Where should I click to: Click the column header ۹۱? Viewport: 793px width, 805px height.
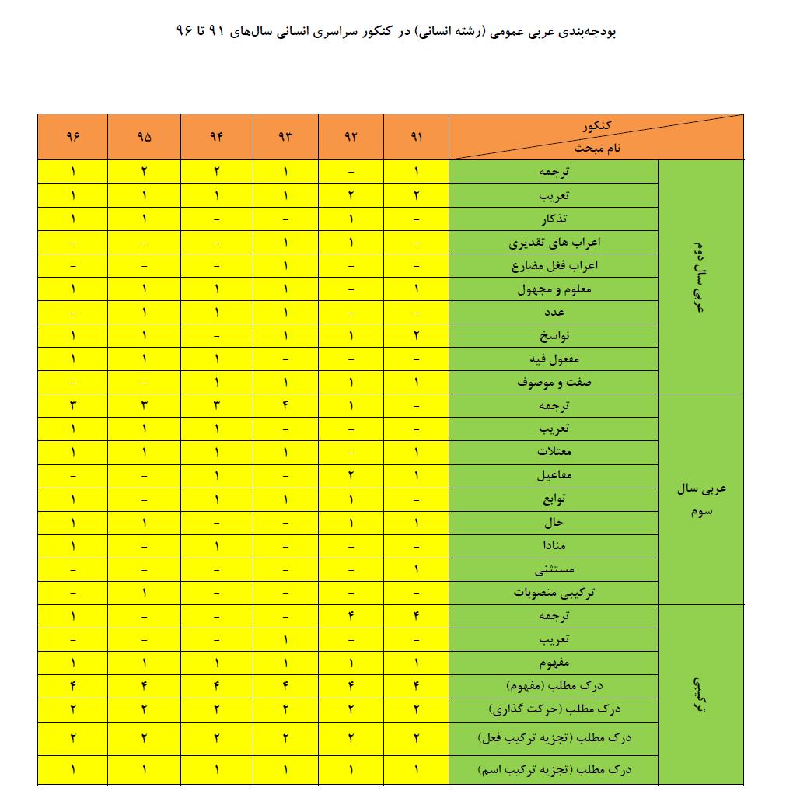point(416,137)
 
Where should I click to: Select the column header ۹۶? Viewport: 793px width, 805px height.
point(73,137)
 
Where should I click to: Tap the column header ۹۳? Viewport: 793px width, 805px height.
point(285,137)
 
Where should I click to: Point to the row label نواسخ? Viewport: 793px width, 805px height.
point(554,336)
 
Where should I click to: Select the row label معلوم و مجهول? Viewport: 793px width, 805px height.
point(554,289)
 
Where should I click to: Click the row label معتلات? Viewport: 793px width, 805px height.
point(554,452)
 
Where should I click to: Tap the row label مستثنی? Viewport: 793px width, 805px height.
point(554,569)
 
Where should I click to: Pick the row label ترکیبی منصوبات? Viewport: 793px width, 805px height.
point(554,593)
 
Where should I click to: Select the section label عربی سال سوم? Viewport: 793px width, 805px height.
point(701,499)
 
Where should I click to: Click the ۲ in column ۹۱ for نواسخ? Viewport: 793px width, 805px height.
point(417,336)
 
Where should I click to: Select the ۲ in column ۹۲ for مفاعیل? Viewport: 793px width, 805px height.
point(351,475)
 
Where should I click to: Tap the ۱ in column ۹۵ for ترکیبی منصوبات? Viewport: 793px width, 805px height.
point(144,593)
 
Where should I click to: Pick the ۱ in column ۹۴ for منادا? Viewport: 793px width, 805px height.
point(216,546)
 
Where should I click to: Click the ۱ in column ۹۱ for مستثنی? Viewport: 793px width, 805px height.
point(417,569)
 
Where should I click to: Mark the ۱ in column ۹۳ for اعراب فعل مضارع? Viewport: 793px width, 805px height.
point(285,266)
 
